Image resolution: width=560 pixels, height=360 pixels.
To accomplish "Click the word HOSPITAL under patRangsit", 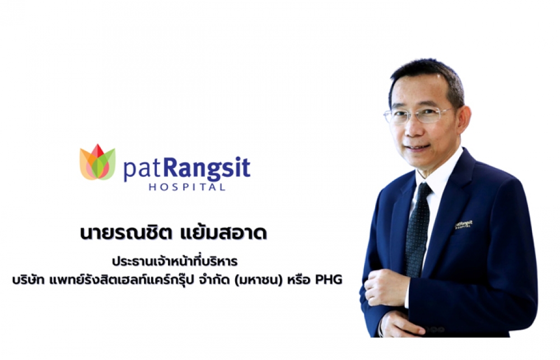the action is coord(187,187).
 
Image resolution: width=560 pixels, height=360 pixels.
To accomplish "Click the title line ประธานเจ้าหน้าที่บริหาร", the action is coord(175,261).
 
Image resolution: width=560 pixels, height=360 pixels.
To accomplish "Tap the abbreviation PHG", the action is coord(328,280).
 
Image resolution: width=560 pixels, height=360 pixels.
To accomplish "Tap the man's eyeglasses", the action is coord(418,115).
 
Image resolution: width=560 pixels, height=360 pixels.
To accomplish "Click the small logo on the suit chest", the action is coord(464,225).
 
